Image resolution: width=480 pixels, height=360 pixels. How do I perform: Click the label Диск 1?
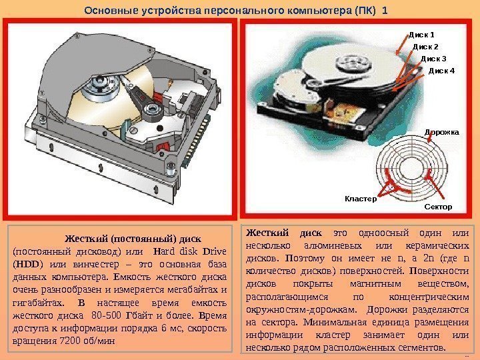click(421, 34)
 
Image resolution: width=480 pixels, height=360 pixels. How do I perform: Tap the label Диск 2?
click(426, 47)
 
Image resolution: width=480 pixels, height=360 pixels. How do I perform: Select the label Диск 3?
click(434, 59)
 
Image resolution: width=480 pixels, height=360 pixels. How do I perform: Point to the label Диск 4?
click(440, 70)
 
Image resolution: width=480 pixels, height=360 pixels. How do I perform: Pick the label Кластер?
click(361, 198)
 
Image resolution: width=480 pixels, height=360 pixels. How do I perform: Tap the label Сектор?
click(438, 207)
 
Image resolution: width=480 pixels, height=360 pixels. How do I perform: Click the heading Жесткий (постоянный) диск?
click(132, 238)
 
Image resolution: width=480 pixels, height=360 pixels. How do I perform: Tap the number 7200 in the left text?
click(63, 340)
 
